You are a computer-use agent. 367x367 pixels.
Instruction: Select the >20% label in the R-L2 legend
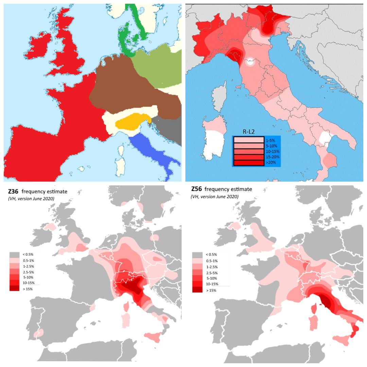[272, 163]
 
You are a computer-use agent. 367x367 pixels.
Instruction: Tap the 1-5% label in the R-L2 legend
[270, 140]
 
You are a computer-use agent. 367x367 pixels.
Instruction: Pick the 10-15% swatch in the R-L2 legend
[248, 152]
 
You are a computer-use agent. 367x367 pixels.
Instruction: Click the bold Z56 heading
[197, 189]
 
